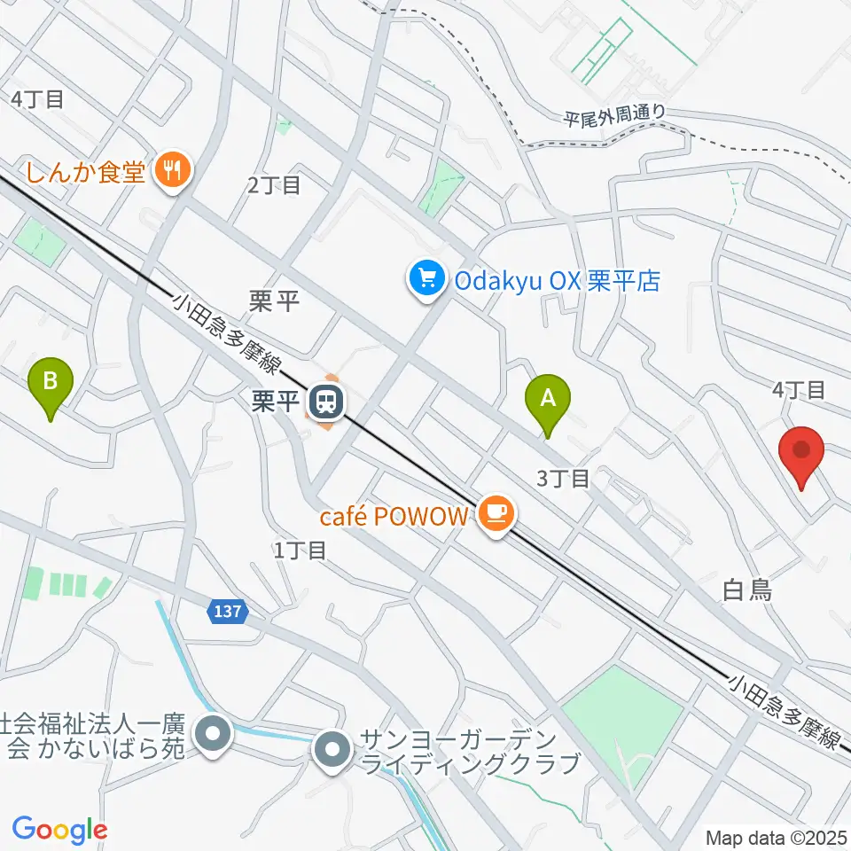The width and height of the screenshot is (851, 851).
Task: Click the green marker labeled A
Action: (548, 397)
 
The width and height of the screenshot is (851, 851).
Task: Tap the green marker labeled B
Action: (51, 383)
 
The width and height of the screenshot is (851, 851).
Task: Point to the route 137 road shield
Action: (227, 612)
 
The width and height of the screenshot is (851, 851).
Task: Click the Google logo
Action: (59, 830)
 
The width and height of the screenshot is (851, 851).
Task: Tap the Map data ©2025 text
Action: (776, 837)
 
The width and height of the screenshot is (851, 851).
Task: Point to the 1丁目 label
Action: (300, 550)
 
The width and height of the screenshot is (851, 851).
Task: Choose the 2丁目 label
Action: (274, 185)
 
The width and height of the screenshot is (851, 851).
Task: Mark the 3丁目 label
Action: (563, 479)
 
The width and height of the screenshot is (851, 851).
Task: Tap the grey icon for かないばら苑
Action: (214, 734)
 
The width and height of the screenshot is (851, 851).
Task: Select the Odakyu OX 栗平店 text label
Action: (558, 281)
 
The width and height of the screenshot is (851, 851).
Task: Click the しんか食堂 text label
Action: (84, 172)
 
